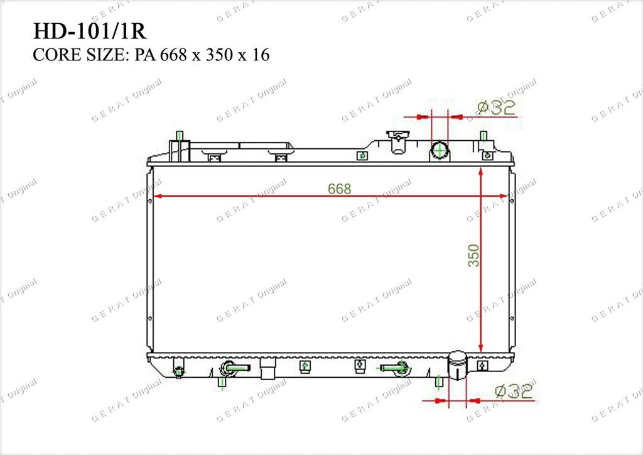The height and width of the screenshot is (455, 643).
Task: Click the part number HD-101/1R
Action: click(x=89, y=31)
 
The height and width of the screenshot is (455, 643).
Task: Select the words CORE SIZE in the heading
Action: click(x=78, y=55)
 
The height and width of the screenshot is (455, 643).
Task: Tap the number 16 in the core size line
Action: click(x=261, y=55)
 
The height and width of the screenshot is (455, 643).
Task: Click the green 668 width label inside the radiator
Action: click(x=340, y=189)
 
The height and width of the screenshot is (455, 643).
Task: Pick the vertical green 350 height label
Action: click(x=473, y=256)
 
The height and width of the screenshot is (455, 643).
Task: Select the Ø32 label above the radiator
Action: click(x=496, y=107)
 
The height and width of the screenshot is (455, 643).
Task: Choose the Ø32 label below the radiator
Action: click(x=514, y=392)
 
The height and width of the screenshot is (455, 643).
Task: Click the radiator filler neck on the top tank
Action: click(x=397, y=141)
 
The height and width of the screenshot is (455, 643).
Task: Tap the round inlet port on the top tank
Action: click(x=440, y=151)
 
